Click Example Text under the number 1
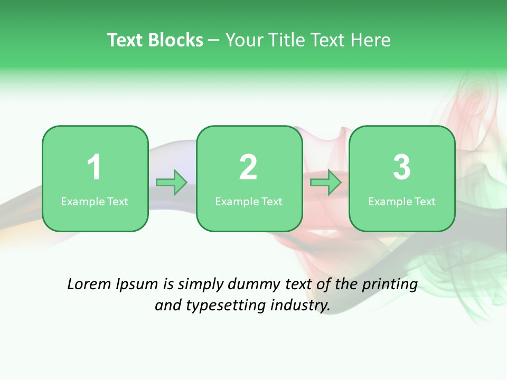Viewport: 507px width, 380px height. coord(95,201)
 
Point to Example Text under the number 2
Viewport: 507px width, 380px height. coord(249,201)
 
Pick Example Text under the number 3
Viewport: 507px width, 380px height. coord(402,201)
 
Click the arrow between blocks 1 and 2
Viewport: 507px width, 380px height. coord(172,183)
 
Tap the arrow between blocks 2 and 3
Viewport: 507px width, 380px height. coord(326,183)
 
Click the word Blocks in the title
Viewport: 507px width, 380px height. coord(176,40)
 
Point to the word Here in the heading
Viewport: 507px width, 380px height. coord(370,40)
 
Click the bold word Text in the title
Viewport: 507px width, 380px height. coord(127,40)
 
